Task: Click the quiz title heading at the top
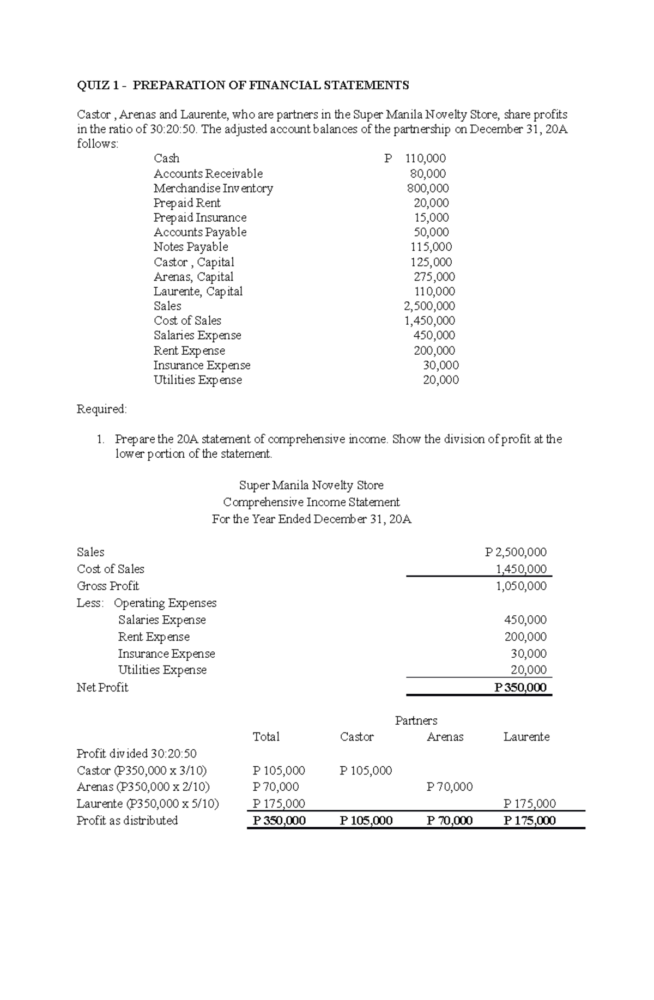click(243, 85)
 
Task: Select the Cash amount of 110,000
click(425, 159)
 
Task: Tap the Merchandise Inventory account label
click(213, 189)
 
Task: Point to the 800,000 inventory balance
click(428, 189)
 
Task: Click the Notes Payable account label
click(191, 247)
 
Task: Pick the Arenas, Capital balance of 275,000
click(434, 277)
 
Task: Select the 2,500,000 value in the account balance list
click(429, 306)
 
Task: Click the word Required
click(101, 409)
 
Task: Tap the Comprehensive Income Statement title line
click(311, 502)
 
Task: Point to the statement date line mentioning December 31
click(311, 519)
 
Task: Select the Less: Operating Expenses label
click(147, 603)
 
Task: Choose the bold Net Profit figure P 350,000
click(520, 688)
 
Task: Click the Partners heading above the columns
click(416, 721)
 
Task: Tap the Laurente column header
click(526, 737)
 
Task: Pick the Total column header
click(266, 737)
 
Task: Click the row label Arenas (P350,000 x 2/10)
click(143, 787)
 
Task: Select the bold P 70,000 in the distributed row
click(449, 821)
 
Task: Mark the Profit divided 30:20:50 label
click(136, 754)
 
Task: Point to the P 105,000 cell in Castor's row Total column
click(278, 771)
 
